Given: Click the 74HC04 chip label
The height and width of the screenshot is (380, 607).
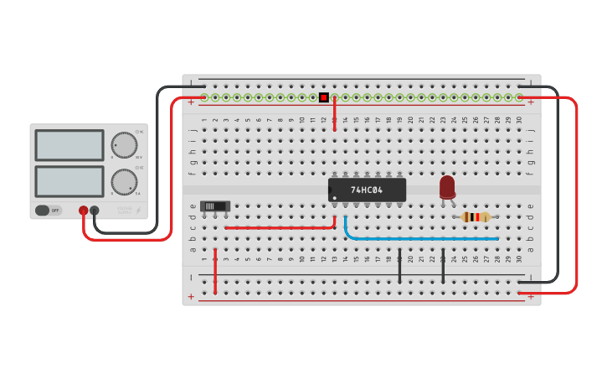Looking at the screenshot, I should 367,190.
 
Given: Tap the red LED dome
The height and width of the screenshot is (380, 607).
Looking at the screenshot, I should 447,185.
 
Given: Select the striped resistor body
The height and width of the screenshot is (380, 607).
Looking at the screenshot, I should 476,217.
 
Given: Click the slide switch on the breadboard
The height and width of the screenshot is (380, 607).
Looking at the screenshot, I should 215,206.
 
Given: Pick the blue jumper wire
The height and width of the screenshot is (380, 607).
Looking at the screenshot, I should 419,238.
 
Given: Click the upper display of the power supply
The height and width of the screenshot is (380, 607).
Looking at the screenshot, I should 69,145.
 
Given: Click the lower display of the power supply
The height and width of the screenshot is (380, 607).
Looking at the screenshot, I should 69,181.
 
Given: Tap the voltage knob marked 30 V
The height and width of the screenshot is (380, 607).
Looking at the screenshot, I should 124,145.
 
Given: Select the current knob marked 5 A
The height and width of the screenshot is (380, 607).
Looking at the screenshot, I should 124,181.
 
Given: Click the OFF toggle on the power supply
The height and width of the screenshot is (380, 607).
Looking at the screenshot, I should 48,210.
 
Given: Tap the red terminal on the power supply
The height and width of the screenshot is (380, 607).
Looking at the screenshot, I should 83,211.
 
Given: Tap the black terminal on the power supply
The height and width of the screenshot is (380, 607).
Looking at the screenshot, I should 95,211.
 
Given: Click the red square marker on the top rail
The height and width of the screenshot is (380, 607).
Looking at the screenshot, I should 324,97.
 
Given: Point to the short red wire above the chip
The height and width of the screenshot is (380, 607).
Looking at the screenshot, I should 335,113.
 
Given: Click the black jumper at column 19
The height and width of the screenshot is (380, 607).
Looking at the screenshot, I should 399,265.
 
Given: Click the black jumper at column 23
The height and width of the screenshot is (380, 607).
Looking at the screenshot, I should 443,265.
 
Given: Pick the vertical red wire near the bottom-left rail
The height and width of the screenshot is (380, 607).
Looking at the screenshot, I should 215,270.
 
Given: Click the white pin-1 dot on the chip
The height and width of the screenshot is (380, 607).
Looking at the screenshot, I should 334,198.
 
